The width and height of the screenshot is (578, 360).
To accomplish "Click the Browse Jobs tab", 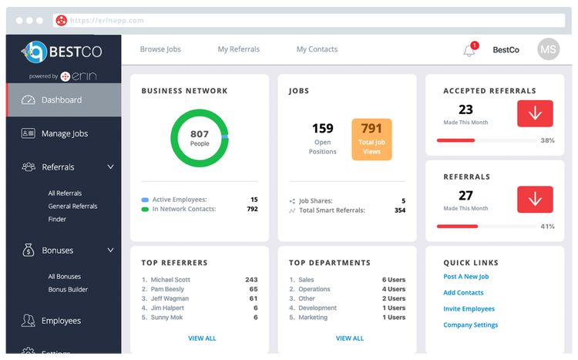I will [x=160, y=49].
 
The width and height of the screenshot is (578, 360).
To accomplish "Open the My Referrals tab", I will [x=238, y=49].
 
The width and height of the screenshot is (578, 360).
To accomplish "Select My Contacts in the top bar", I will [x=317, y=49].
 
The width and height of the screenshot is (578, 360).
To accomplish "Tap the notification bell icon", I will [x=469, y=51].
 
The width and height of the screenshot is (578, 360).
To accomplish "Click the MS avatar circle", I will [x=548, y=49].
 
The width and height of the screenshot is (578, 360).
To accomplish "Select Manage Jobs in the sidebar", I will [x=64, y=133].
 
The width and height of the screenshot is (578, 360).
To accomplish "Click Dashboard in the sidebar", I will [x=62, y=99].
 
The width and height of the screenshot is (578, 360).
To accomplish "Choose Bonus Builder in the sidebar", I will [x=68, y=290].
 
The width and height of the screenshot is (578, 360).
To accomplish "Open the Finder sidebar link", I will [x=57, y=219].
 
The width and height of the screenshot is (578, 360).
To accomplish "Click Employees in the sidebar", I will [x=61, y=321].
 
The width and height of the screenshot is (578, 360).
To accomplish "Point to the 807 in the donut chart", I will [x=200, y=133].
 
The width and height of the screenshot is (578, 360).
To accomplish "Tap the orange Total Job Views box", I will [x=371, y=139].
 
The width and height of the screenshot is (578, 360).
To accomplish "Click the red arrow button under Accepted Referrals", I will [x=535, y=113].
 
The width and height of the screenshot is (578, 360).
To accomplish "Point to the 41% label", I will [x=547, y=227].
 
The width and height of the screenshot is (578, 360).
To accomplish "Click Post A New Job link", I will [x=466, y=277].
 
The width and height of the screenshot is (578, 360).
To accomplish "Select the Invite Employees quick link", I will [x=469, y=309].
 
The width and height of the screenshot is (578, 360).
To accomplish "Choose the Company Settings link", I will [x=470, y=325].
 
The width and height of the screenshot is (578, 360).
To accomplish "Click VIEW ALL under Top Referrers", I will [x=202, y=338].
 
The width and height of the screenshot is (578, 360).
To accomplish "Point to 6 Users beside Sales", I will [x=393, y=280].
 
